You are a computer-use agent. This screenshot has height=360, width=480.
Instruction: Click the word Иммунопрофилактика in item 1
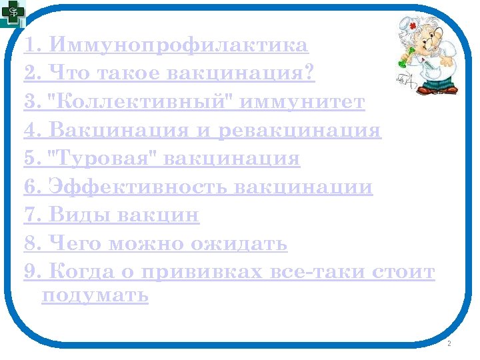coord(179,45)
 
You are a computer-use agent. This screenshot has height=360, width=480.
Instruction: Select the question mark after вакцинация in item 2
coord(308,73)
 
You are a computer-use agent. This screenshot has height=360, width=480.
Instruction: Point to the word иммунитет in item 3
coord(302,102)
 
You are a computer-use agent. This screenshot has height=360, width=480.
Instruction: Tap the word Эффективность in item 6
coord(138,187)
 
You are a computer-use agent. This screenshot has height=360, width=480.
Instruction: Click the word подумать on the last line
coord(95,295)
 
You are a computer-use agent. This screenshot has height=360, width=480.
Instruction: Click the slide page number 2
coord(449,343)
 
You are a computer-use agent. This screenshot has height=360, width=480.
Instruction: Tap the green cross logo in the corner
coord(12,12)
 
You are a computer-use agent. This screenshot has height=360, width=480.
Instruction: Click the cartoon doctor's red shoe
coord(449,89)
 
